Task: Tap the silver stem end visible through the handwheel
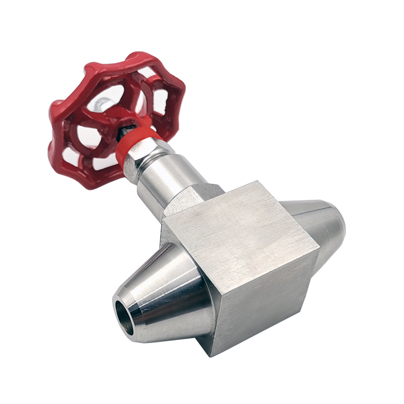coord(103,103)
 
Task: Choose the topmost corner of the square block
coord(258,181)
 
